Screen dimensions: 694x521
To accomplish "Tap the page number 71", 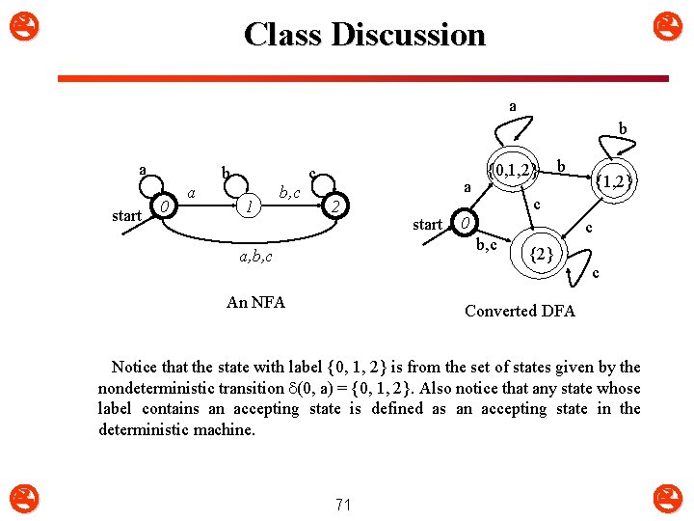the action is pos(343,504).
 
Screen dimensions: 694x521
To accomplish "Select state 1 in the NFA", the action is pos(249,206).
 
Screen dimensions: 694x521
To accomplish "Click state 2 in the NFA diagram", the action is pos(334,207).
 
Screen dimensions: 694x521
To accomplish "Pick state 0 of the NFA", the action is pos(166,207).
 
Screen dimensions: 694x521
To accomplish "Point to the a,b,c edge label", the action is pos(255,257).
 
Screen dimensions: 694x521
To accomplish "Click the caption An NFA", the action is pos(255,302).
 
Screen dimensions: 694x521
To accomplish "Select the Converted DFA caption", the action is pos(520,311).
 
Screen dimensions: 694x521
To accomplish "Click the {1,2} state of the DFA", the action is pos(613,179).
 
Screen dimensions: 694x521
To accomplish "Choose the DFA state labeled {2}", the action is pos(543,254).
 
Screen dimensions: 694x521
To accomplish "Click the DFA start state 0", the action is pos(465,224).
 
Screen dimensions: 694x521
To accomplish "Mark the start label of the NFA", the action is pos(126,215).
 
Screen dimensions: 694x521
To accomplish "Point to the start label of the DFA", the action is pos(427,225).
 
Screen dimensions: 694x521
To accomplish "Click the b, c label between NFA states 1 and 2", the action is pos(289,194).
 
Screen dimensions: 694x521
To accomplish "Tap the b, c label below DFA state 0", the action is pos(486,244).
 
